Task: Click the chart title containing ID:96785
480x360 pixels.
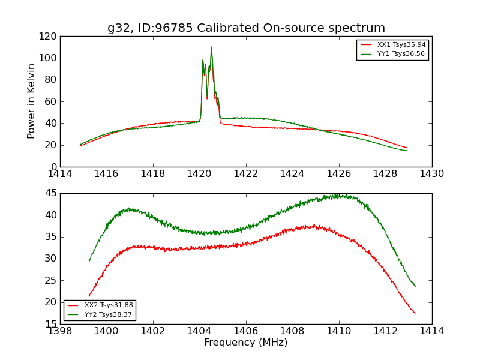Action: [246, 28]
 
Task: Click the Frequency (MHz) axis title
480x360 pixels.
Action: [246, 343]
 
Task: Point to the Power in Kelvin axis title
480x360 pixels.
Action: [31, 101]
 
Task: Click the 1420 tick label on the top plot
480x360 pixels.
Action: [200, 174]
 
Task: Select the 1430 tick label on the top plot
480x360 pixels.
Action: [431, 174]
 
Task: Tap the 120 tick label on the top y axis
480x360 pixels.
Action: [49, 37]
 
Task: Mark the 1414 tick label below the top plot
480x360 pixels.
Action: [61, 174]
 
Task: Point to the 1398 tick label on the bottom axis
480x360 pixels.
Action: [61, 331]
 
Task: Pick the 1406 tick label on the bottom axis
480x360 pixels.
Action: [246, 331]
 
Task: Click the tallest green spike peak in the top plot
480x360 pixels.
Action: [211, 47]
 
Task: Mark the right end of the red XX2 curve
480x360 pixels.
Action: [415, 313]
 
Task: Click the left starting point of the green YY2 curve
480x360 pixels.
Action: [89, 260]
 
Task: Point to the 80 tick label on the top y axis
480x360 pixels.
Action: [52, 80]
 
